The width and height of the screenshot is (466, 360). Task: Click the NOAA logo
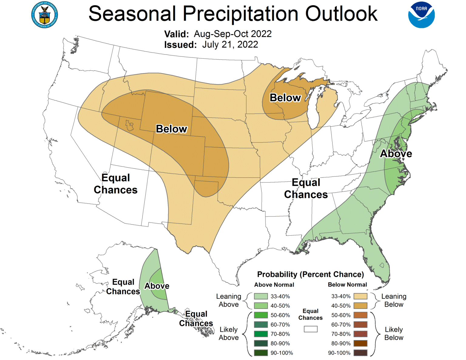pos(421,15)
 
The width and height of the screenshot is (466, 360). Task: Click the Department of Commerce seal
pos(45,15)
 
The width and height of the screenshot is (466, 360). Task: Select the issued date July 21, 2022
pos(230,45)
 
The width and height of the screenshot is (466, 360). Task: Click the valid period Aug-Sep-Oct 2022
pos(233,34)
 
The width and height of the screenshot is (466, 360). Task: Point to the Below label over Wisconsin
pos(285,98)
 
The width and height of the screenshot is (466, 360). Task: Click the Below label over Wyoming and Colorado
pos(171,129)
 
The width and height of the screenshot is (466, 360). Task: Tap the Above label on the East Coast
pos(396,154)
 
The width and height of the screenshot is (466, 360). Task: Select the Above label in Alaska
pos(157,286)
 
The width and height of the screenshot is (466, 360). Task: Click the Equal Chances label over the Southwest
pos(116,184)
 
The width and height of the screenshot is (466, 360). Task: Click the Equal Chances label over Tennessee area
pos(306,188)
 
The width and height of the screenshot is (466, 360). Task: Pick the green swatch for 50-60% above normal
pos(261,315)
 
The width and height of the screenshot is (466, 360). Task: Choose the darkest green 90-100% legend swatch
pos(261,353)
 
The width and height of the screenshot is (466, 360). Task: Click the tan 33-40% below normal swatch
pos(360,296)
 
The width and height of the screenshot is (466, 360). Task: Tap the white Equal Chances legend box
pos(310,329)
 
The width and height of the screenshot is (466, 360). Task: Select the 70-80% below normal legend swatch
pos(360,334)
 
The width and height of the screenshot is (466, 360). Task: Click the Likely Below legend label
pos(393,334)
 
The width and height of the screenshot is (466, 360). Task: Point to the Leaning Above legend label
pos(228,300)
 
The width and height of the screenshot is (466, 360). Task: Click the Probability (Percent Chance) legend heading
pos(310,274)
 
